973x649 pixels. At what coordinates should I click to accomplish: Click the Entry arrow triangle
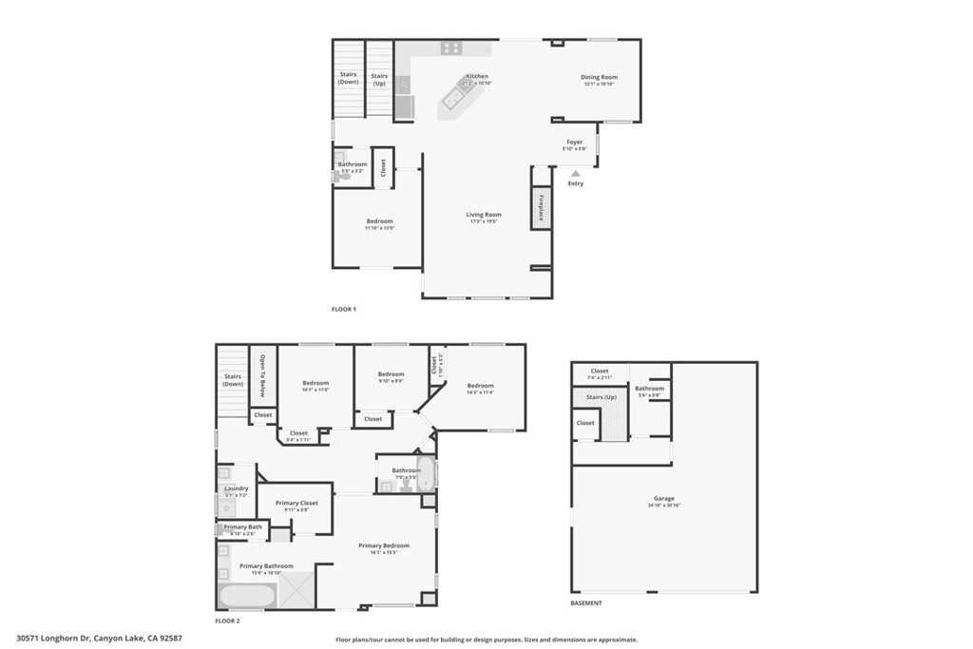point(575,173)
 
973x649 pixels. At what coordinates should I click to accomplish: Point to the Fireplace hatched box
point(542,208)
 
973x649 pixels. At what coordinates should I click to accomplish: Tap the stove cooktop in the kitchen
point(451,48)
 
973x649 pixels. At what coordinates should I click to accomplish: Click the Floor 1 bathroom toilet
point(342,176)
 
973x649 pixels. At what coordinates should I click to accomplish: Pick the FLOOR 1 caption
point(343,310)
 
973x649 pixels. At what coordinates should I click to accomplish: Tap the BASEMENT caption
point(586,603)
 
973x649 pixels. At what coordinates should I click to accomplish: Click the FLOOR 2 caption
point(227,620)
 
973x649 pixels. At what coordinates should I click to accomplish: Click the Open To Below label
point(263,374)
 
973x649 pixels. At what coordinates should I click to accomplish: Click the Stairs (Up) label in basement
point(601,397)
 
